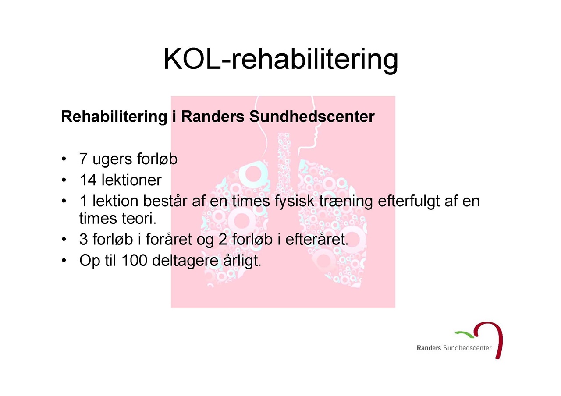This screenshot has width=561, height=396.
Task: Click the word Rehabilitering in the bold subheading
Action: pos(114,117)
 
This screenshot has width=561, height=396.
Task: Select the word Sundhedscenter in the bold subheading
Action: pos(312,117)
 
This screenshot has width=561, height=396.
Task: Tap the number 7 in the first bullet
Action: pos(83,159)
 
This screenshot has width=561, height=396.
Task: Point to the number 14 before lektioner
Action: pos(88,180)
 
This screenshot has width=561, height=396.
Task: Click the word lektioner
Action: pos(131,180)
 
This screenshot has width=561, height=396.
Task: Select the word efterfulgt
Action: pos(409,202)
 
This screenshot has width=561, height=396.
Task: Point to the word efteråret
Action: pos(317,239)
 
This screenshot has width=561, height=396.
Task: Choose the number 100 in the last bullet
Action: pos(134,260)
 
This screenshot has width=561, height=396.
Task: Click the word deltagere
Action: pos(185,261)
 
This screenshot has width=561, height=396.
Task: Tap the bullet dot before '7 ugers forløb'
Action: pos(64,159)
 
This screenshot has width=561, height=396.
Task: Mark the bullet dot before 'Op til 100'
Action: pos(64,261)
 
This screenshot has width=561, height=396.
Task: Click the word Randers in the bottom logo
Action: pos(429,348)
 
